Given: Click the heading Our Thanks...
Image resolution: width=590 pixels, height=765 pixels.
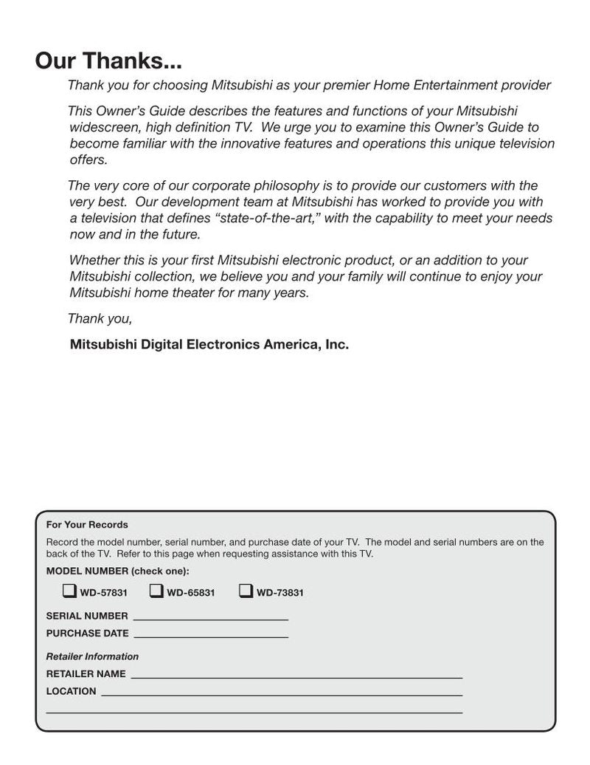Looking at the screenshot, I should pyautogui.click(x=108, y=61).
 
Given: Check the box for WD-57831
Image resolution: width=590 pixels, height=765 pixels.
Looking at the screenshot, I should pyautogui.click(x=69, y=591).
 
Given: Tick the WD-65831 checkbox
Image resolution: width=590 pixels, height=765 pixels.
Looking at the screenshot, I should pyautogui.click(x=156, y=591).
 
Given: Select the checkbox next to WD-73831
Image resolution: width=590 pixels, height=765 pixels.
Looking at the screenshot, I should pyautogui.click(x=246, y=591).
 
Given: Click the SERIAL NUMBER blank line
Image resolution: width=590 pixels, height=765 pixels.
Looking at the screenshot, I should pyautogui.click(x=210, y=618).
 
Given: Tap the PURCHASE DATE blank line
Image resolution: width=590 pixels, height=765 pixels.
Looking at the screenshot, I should pyautogui.click(x=211, y=635).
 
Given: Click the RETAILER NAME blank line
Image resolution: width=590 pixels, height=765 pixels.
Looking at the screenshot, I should pyautogui.click(x=296, y=676).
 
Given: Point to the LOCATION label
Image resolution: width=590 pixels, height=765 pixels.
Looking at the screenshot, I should pyautogui.click(x=71, y=691).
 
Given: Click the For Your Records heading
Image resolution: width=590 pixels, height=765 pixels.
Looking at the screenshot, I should pyautogui.click(x=87, y=525).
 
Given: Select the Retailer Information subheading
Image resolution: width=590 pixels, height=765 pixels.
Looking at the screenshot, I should pyautogui.click(x=92, y=656).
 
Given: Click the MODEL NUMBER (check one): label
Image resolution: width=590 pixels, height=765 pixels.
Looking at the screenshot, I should pyautogui.click(x=117, y=572).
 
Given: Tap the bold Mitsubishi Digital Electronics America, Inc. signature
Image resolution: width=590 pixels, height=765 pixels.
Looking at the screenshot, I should pyautogui.click(x=209, y=344).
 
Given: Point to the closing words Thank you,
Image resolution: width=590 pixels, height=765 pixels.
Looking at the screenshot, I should pyautogui.click(x=100, y=319).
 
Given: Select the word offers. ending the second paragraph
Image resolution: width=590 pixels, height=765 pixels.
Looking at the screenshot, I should pyautogui.click(x=88, y=160).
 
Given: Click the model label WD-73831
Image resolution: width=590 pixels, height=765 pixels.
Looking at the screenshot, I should pyautogui.click(x=280, y=593).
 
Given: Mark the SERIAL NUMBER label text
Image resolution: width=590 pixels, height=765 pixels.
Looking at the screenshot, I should pyautogui.click(x=87, y=616).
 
